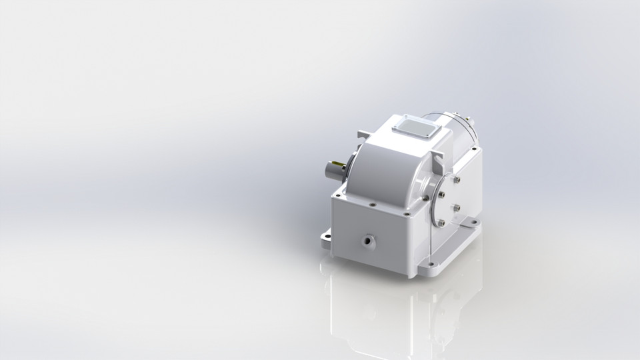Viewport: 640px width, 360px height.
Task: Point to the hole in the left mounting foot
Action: point(327,235)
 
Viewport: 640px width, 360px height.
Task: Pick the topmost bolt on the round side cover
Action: point(455,179)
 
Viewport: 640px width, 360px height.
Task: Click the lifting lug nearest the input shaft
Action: point(361,136)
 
